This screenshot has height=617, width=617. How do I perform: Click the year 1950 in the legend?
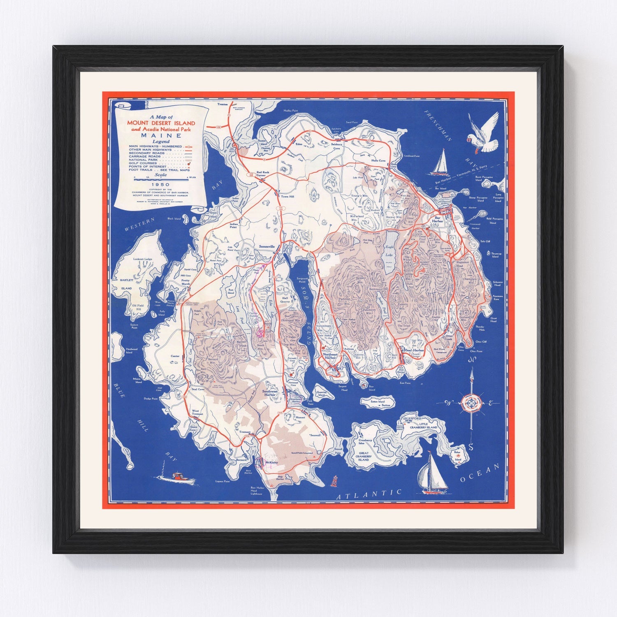click(x=160, y=184)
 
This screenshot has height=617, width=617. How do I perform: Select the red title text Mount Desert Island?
click(x=161, y=123)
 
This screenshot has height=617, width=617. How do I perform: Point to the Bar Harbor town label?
click(x=437, y=219)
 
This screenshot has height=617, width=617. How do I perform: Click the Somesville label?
click(x=267, y=246)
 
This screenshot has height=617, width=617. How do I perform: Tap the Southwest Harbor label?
click(x=270, y=392)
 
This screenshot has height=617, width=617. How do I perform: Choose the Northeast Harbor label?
click(x=329, y=356)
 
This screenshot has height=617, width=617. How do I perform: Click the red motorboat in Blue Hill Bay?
click(x=177, y=477)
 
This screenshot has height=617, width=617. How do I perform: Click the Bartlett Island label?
click(x=126, y=284)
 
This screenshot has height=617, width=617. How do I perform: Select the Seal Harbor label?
click(x=414, y=350)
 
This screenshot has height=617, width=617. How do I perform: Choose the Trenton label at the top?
click(x=223, y=104)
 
